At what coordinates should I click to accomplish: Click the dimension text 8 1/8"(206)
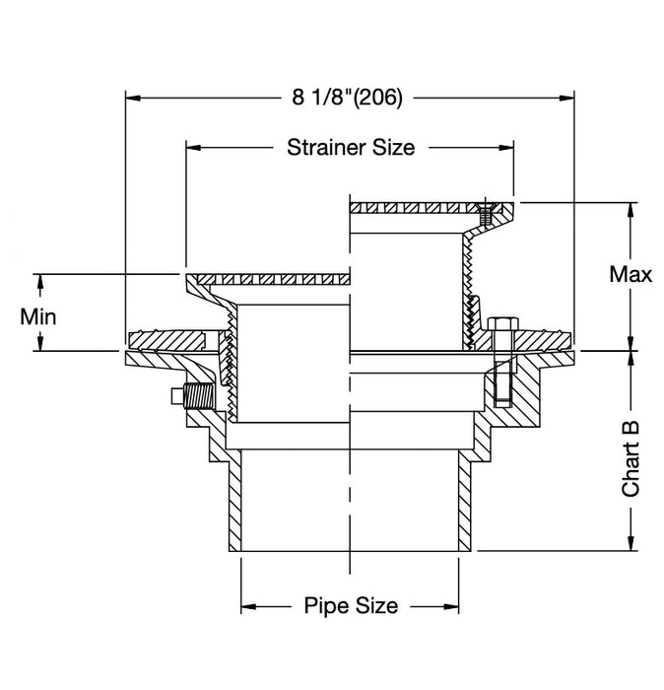pos(349,97)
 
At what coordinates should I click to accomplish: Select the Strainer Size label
pos(351,148)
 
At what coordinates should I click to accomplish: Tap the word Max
pos(631,274)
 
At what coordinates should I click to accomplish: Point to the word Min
pos(38,316)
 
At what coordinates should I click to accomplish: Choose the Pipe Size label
pos(351,605)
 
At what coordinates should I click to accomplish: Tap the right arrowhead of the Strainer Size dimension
pos(507,148)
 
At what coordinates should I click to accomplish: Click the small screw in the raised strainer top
pos(483,212)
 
